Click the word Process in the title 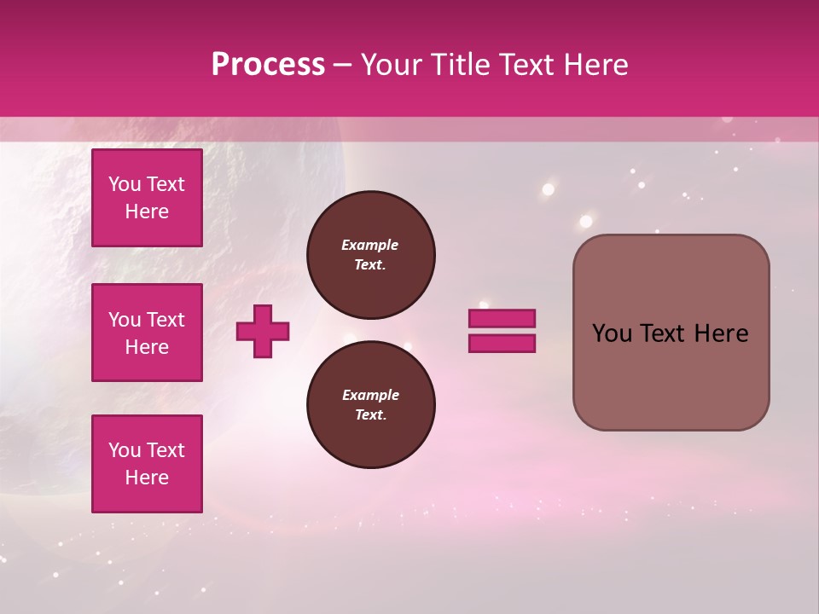click(x=268, y=65)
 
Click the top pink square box click(x=147, y=198)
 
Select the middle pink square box click(x=147, y=333)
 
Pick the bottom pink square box click(x=147, y=464)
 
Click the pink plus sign click(x=263, y=332)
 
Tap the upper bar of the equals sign click(x=502, y=318)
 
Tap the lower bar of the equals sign click(x=502, y=344)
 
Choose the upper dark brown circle click(x=370, y=255)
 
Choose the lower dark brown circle click(x=370, y=405)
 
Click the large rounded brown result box click(x=671, y=333)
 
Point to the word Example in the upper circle click(x=370, y=245)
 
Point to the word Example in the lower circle click(x=370, y=395)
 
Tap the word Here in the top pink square click(x=147, y=211)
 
